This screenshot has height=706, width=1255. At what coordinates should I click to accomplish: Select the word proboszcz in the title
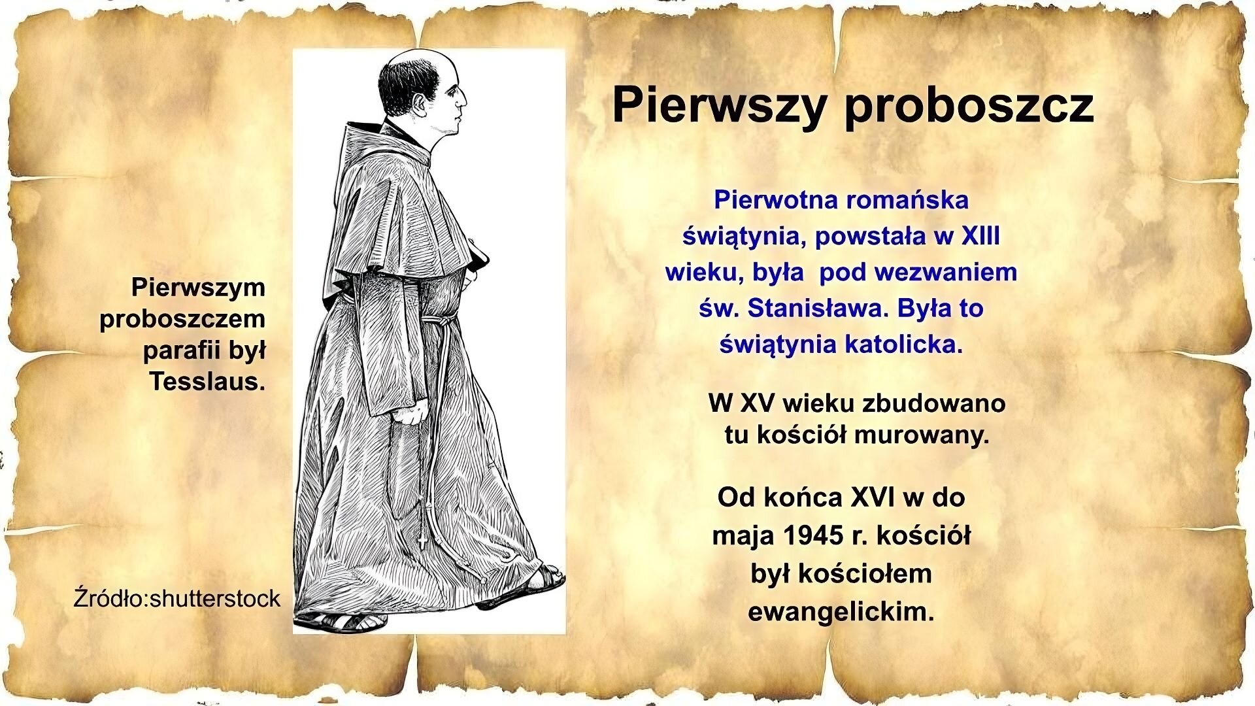(969, 106)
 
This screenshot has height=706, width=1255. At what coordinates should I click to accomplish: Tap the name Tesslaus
(207, 381)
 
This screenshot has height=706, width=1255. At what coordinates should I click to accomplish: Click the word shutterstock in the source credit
(215, 598)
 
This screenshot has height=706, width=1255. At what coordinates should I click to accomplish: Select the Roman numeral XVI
(873, 497)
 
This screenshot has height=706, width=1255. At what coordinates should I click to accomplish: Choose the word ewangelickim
(841, 612)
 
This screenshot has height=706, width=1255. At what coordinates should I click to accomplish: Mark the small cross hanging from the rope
(421, 541)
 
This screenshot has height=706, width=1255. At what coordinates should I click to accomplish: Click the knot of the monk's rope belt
(430, 322)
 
